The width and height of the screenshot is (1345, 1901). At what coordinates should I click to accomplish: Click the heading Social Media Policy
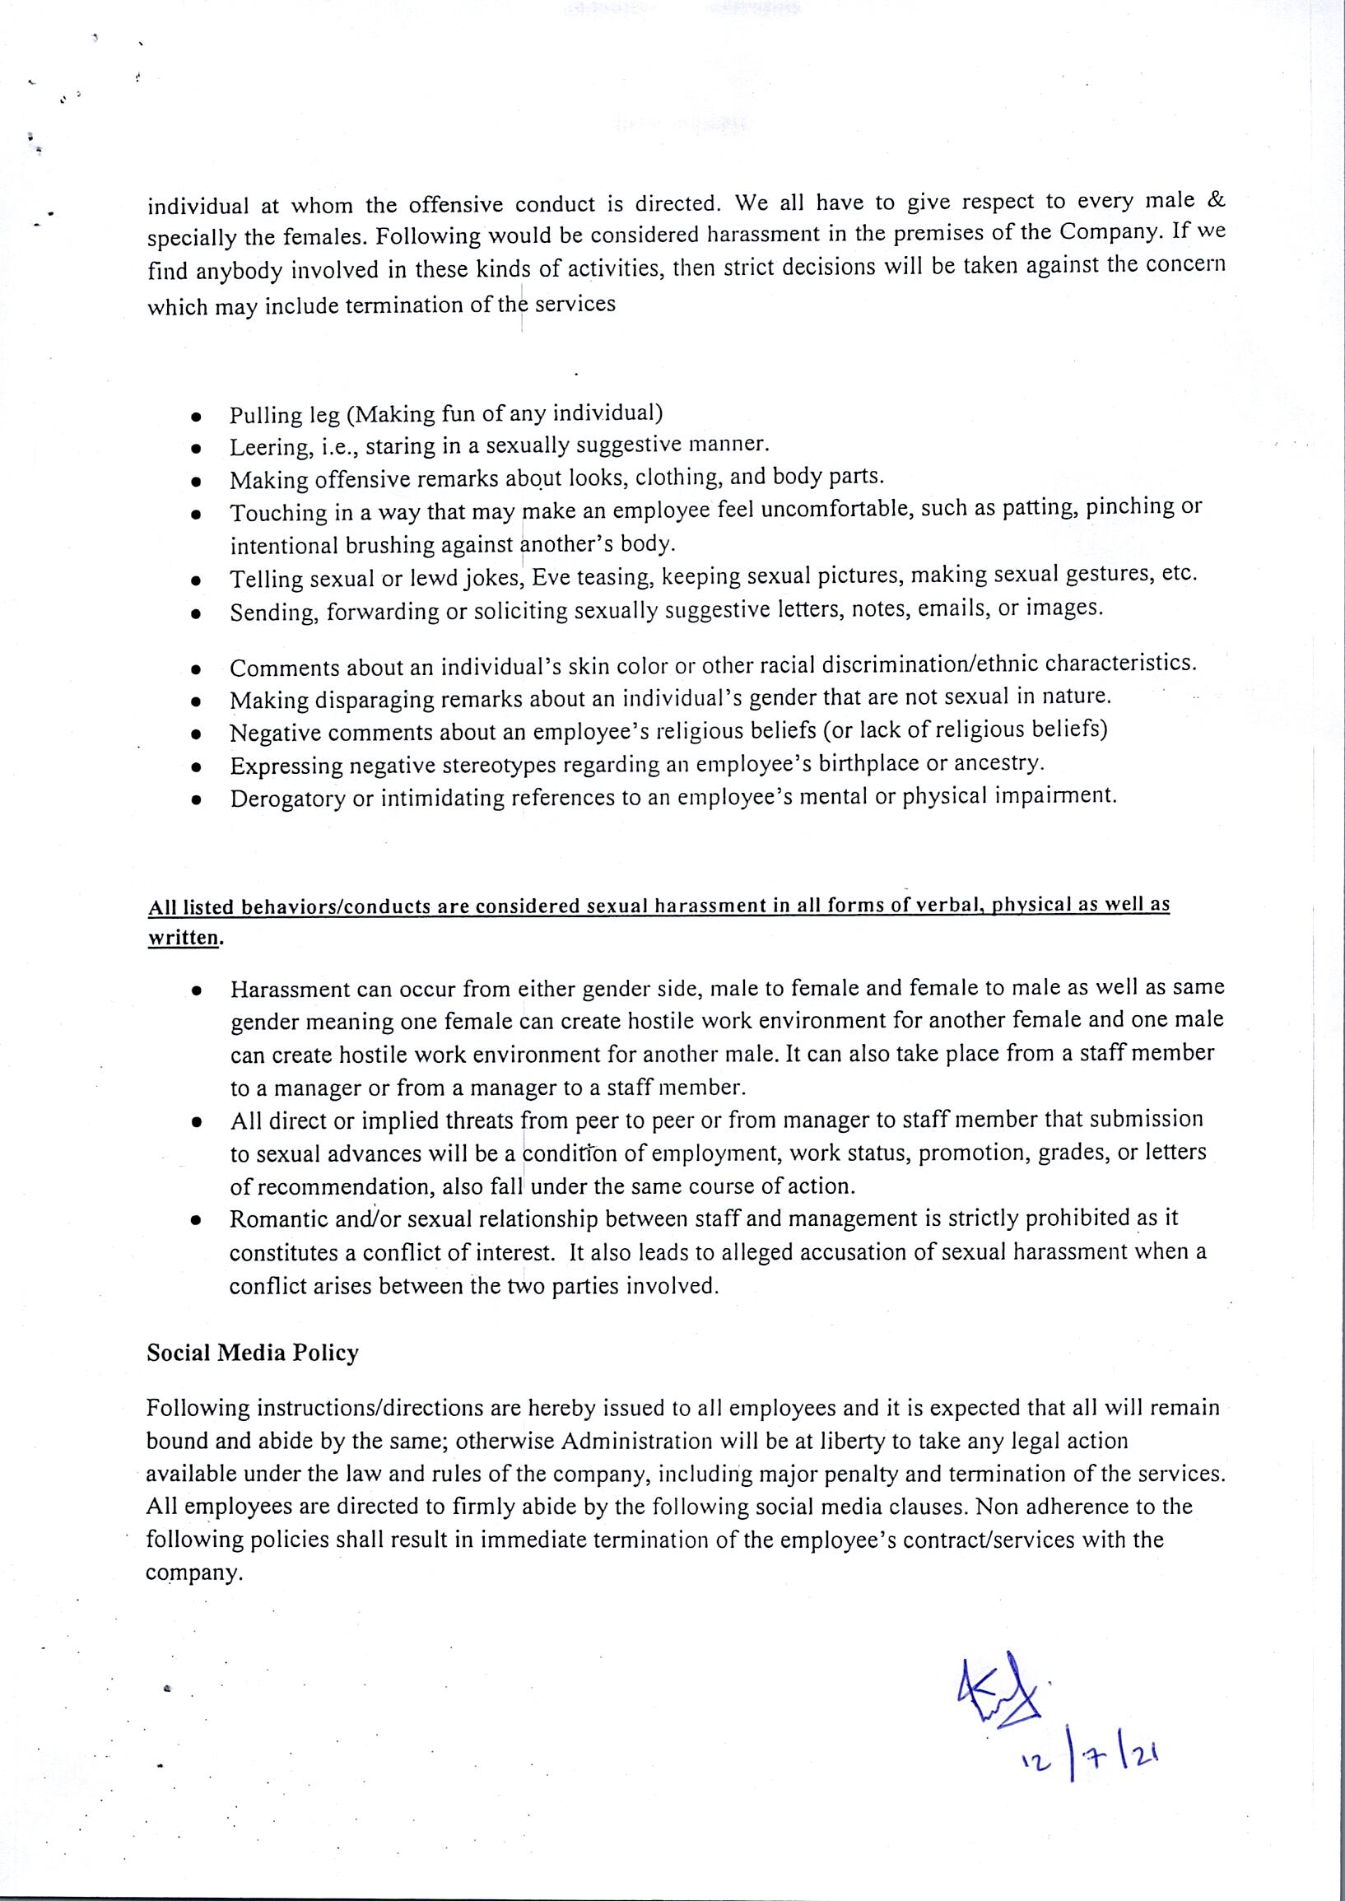click(253, 1354)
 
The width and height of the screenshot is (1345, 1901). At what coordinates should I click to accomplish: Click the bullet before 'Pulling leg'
click(196, 415)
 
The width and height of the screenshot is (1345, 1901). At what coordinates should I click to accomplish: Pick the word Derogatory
click(286, 799)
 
